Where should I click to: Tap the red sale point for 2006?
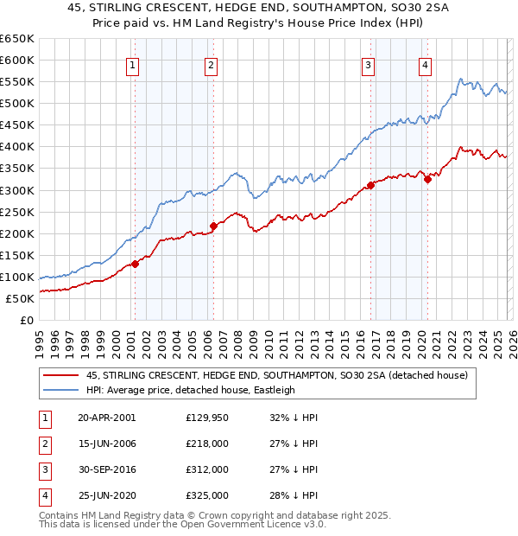pyautogui.click(x=213, y=226)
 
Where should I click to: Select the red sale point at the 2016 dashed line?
pyautogui.click(x=370, y=185)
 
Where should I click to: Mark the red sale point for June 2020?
pyautogui.click(x=427, y=179)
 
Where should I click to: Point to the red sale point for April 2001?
pyautogui.click(x=135, y=264)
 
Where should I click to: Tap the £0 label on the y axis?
pyautogui.click(x=27, y=320)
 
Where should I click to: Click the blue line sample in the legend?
pyautogui.click(x=61, y=390)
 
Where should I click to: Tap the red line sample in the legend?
pyautogui.click(x=61, y=375)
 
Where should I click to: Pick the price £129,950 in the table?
pyautogui.click(x=207, y=417)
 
